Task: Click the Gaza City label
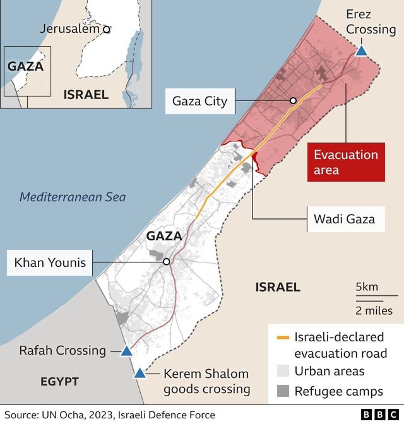click(199, 101)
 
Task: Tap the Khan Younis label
click(50, 262)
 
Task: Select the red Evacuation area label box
click(346, 162)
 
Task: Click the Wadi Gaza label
click(344, 219)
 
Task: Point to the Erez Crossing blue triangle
click(361, 50)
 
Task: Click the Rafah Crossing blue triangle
click(126, 351)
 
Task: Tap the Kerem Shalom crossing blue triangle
click(140, 373)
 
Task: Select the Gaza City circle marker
click(293, 101)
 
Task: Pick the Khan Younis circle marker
click(166, 262)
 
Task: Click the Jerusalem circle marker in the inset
click(107, 29)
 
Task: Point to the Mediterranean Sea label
click(73, 197)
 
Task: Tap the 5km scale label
click(367, 287)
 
